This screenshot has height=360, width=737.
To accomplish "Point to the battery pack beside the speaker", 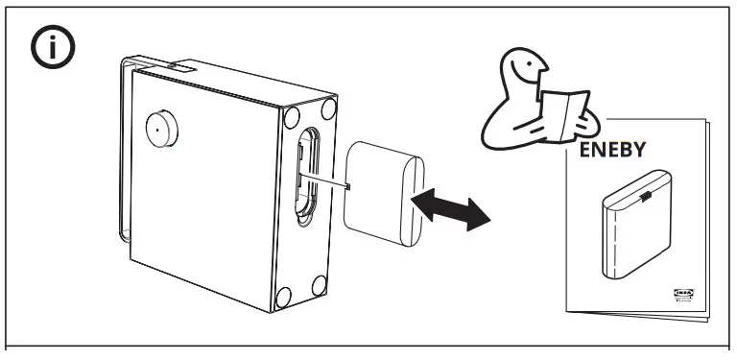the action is [381, 193].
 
